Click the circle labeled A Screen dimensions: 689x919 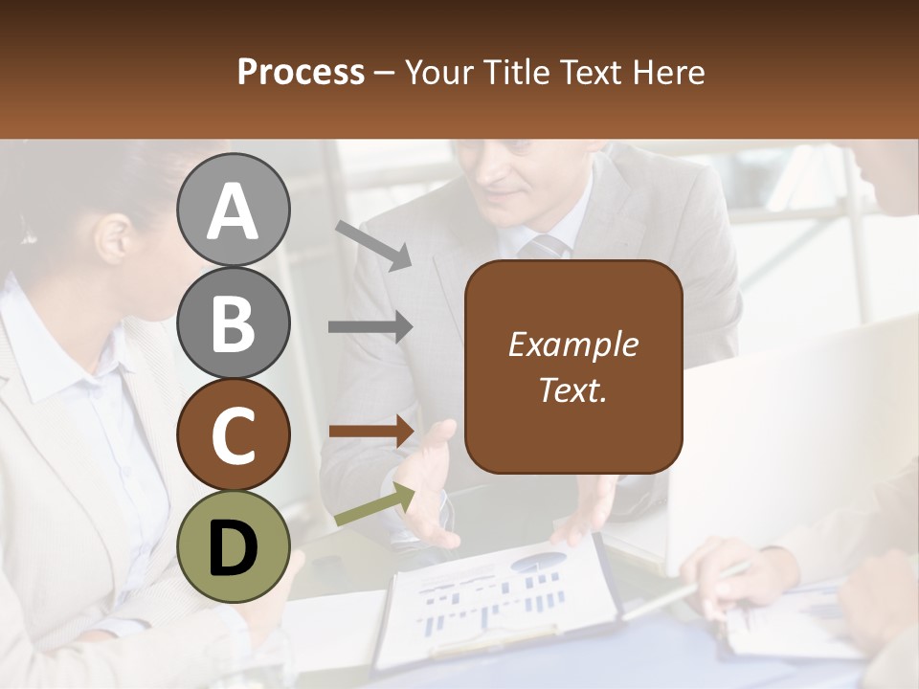[234, 210]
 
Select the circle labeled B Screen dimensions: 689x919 [234, 322]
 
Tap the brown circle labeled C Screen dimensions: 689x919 [234, 435]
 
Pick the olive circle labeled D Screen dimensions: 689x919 [234, 547]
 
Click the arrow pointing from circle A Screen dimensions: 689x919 [373, 245]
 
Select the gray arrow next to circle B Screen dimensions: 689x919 [370, 327]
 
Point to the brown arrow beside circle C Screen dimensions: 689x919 [370, 431]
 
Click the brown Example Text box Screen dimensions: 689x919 [573, 367]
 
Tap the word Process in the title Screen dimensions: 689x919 [301, 73]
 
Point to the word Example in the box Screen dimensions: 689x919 [573, 344]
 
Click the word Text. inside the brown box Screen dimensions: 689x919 [573, 389]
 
